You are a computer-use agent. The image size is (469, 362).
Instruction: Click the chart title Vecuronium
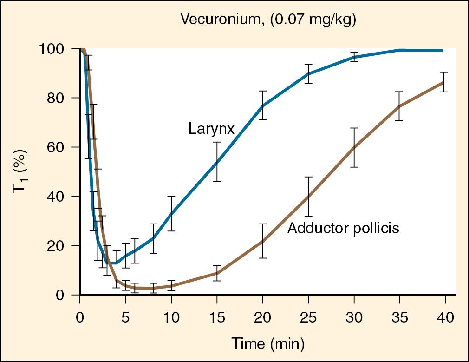(223, 20)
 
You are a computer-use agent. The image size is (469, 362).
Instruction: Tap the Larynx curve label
(211, 128)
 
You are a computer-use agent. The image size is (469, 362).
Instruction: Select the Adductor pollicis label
(343, 228)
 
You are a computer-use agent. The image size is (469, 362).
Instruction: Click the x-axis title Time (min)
(268, 344)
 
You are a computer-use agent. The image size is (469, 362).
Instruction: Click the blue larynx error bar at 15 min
(217, 162)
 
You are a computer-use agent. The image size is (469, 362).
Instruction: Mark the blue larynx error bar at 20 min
(263, 105)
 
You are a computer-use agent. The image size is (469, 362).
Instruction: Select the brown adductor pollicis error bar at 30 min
(354, 147)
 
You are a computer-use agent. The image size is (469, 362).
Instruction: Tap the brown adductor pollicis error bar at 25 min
(308, 197)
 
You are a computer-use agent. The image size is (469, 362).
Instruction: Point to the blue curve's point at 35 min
(399, 50)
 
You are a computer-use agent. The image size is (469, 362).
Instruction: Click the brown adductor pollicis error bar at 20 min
(263, 241)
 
